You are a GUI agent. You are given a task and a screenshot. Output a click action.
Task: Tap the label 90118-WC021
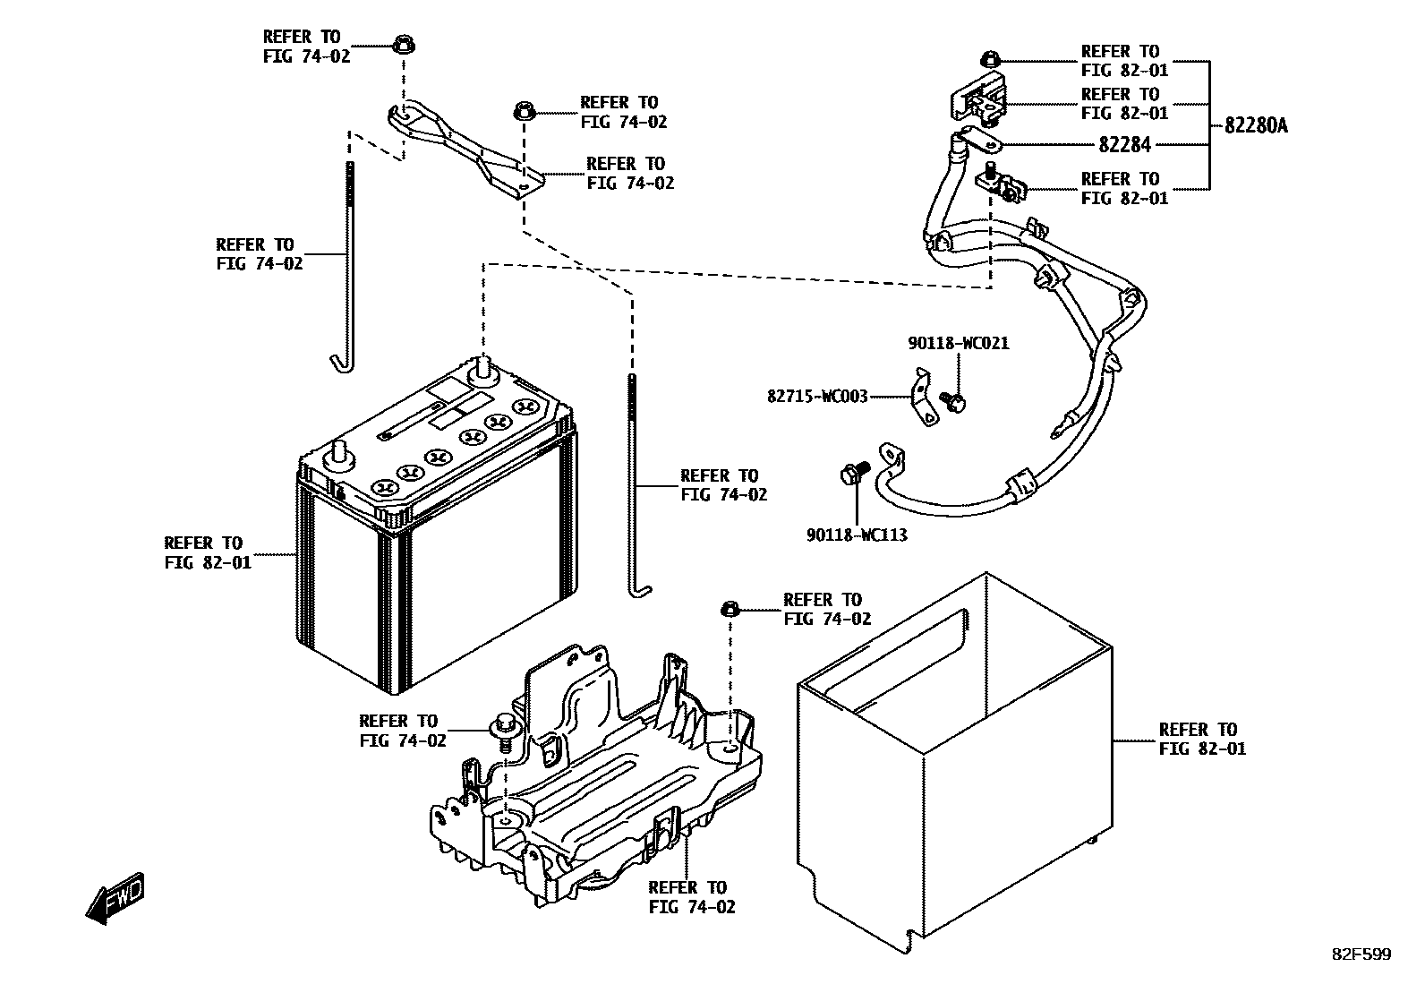tap(957, 343)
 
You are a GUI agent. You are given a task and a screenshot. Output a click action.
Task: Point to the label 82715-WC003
tap(817, 396)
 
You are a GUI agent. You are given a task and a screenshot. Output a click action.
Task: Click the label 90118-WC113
tap(857, 535)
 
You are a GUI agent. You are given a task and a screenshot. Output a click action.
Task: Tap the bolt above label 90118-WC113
tap(853, 473)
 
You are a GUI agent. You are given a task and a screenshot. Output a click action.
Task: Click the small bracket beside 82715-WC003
tap(922, 399)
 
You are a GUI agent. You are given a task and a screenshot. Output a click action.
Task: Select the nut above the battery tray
tap(730, 610)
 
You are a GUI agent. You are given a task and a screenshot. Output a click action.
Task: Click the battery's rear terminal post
tap(483, 366)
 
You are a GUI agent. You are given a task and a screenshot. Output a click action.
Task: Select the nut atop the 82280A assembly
tap(988, 60)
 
